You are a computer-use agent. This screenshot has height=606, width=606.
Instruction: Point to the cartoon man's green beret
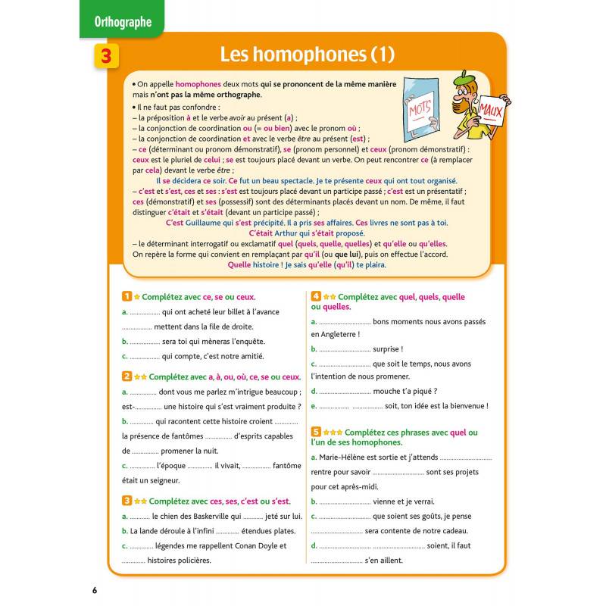pyautogui.click(x=463, y=78)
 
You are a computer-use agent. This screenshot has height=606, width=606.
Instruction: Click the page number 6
pyautogui.click(x=95, y=591)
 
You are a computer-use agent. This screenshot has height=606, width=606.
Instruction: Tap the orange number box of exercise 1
pyautogui.click(x=127, y=298)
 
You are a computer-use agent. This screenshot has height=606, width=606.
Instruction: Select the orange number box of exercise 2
pyautogui.click(x=127, y=376)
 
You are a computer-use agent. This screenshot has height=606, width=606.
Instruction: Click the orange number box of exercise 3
pyautogui.click(x=127, y=501)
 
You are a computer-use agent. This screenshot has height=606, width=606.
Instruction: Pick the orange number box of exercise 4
pyautogui.click(x=316, y=298)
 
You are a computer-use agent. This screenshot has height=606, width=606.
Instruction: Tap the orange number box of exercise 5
pyautogui.click(x=316, y=433)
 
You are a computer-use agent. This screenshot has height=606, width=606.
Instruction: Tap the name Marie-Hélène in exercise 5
pyautogui.click(x=345, y=458)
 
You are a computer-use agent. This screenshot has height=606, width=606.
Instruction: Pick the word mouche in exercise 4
pyautogui.click(x=391, y=391)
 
